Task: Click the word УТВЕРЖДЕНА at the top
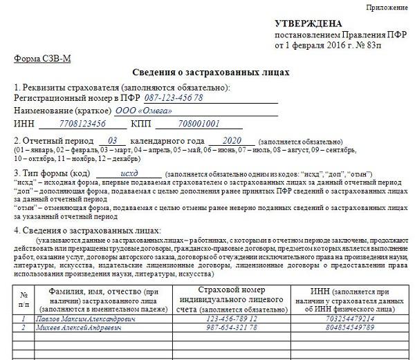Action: [x=305, y=23]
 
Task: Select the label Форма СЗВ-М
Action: [x=42, y=58]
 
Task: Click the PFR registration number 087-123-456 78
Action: [x=174, y=98]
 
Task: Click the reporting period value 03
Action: [x=113, y=140]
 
